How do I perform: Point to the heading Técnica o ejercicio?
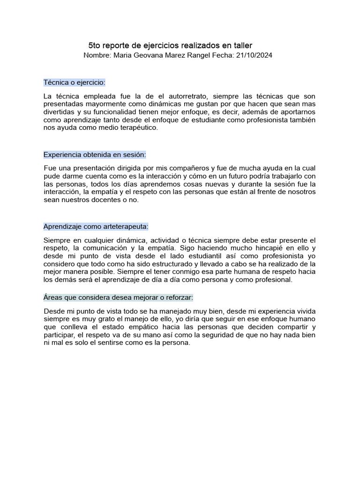coord(75,82)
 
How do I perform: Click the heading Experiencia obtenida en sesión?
coord(95,155)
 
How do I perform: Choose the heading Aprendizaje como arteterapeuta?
coord(96,226)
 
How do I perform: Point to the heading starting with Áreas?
coord(118,298)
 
